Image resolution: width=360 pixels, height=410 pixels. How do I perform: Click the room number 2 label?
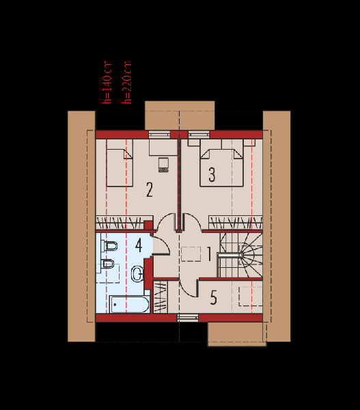click(x=150, y=189)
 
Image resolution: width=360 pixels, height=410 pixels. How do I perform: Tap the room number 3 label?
click(x=212, y=174)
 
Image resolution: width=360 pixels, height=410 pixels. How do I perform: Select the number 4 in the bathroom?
click(x=139, y=245)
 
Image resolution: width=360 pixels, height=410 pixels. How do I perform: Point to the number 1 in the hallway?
click(x=209, y=254)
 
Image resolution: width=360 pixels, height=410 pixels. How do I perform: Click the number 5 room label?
click(x=214, y=297)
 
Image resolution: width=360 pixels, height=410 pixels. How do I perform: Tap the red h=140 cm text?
click(x=107, y=83)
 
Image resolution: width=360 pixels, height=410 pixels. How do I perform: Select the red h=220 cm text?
click(x=127, y=83)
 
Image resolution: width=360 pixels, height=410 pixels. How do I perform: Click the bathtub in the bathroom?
click(x=130, y=304)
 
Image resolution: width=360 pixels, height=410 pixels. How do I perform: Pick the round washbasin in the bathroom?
click(x=137, y=274)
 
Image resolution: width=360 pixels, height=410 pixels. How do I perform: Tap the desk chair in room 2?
click(x=163, y=165)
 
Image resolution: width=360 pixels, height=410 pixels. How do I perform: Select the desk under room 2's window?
click(x=163, y=147)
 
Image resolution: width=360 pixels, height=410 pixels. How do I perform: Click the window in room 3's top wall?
click(x=199, y=135)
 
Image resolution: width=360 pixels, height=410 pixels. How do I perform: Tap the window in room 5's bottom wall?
click(x=188, y=318)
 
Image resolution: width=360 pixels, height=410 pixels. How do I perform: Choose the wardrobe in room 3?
click(x=236, y=223)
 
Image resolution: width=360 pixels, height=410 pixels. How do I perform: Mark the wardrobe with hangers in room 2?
click(x=124, y=223)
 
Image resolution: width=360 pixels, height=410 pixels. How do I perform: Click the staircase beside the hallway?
click(x=240, y=255)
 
